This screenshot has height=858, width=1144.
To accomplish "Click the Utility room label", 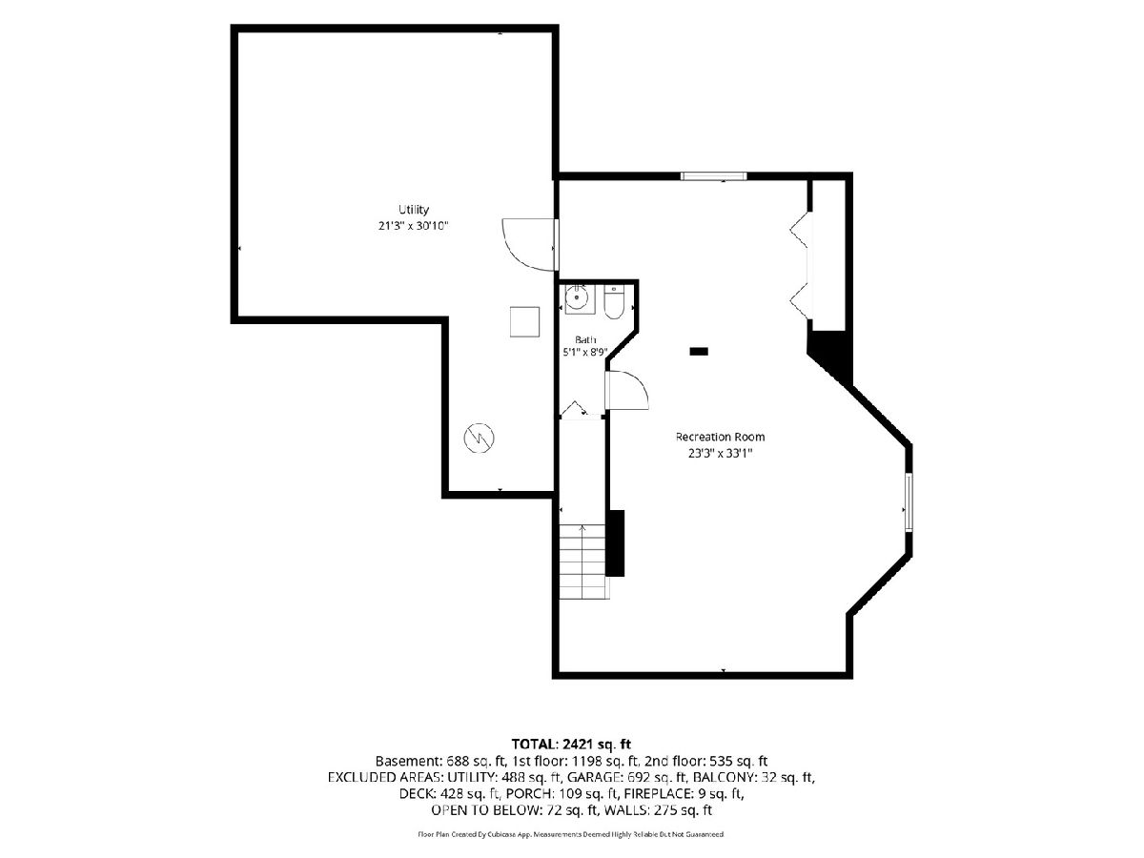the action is click(414, 210).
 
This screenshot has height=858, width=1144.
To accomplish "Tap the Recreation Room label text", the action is click(720, 437).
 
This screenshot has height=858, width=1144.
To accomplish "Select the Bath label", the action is click(585, 339).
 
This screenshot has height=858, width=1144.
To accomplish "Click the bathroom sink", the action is click(577, 298).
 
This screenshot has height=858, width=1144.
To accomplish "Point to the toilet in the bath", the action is click(614, 302).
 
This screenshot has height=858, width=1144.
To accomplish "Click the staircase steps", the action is click(583, 562).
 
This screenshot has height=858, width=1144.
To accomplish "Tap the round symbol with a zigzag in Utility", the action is click(479, 438).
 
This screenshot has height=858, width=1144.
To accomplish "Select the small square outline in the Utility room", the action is click(524, 322).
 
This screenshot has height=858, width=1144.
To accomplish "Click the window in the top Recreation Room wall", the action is click(713, 176).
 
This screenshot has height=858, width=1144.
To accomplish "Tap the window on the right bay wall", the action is click(909, 502).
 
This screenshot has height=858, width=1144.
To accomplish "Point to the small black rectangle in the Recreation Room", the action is click(699, 352).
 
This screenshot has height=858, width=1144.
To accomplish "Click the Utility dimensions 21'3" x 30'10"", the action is click(414, 226).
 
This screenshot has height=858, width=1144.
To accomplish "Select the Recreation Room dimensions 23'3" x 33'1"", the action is click(721, 453).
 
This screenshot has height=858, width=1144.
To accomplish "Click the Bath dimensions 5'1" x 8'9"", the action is click(585, 352).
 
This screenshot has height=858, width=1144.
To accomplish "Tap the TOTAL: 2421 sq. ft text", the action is click(571, 744).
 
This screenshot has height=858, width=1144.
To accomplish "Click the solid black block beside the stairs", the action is click(615, 543).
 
